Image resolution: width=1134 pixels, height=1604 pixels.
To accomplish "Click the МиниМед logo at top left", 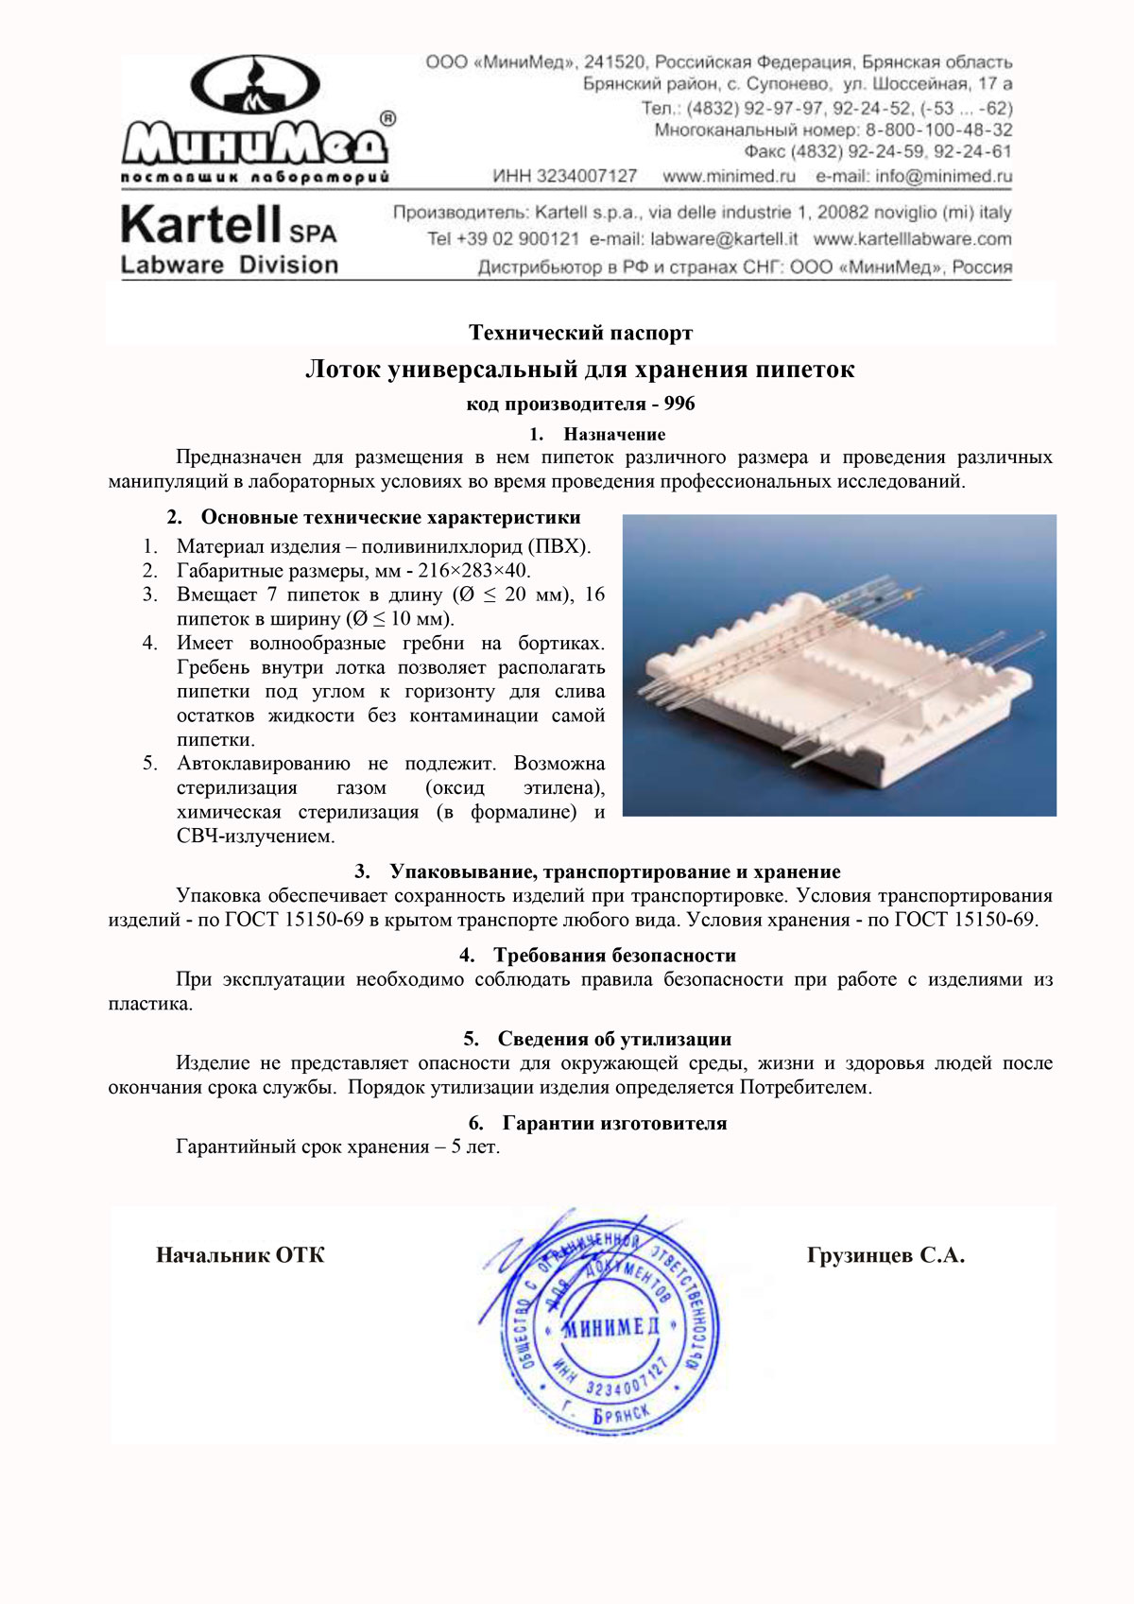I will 255,118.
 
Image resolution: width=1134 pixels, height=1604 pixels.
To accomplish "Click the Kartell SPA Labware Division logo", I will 229,241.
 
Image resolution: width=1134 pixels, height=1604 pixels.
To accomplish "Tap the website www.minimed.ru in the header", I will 729,176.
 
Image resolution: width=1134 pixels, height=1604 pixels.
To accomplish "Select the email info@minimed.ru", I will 914,176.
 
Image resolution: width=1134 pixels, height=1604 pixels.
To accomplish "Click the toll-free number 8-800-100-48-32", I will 938,130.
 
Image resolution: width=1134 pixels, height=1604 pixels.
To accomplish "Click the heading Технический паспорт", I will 580,333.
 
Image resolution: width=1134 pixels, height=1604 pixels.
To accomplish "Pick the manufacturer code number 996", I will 679,404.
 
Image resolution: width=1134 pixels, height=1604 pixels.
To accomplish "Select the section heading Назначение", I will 614,434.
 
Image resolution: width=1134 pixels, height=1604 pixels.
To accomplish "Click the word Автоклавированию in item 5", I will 263,763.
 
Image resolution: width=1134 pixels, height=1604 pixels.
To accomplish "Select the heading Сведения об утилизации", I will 614,1039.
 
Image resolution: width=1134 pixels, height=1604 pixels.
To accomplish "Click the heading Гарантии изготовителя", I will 614,1123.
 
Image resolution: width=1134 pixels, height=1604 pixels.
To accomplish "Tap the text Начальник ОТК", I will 240,1255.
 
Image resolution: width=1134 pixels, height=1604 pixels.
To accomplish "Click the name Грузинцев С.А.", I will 885,1255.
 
